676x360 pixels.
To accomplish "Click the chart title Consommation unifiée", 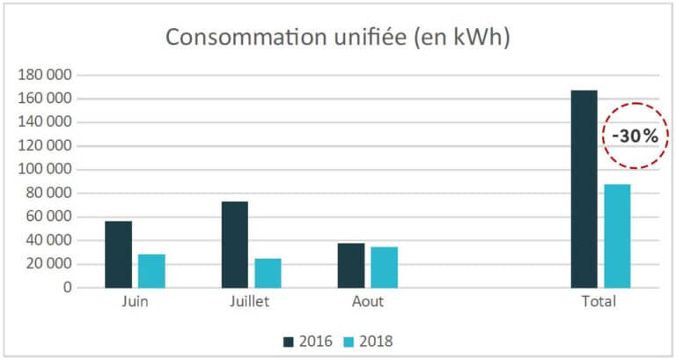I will pos(338,38).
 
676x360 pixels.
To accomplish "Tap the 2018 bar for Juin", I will pos(151,270).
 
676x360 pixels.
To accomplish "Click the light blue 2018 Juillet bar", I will pos(268,272).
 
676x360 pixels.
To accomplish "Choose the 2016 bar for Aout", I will pos(350,265).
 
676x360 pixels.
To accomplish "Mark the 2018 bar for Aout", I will pos(384,267).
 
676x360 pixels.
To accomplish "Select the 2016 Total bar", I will pos(584,188).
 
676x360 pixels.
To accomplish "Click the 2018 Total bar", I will pos(617,235).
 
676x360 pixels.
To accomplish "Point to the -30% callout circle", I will pos(636,136).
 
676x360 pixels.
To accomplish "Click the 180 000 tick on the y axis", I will pos(47,75).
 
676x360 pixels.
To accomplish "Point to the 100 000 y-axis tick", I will pos(47,169).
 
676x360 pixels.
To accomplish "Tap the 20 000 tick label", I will pos(50,264).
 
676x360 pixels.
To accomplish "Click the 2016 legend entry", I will pos(308,340).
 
